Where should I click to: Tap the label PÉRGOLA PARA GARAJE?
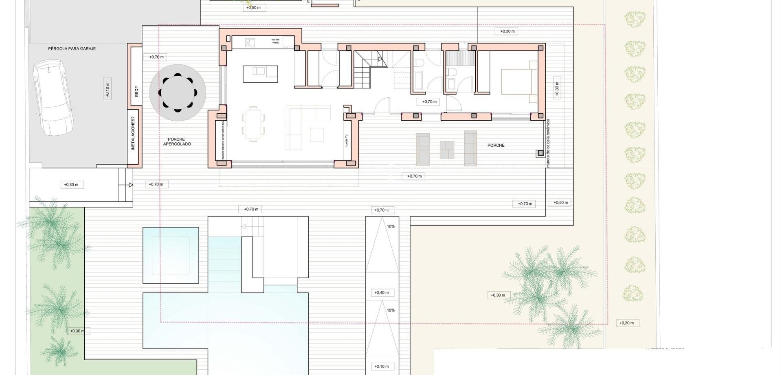click(x=72, y=49)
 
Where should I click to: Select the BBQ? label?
click(x=136, y=91)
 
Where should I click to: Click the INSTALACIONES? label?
click(x=133, y=133)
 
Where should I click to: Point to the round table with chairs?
click(x=178, y=93)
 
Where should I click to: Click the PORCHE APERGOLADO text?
click(x=177, y=141)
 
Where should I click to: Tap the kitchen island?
click(x=260, y=74)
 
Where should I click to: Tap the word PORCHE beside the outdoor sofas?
click(x=496, y=145)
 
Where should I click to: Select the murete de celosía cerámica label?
click(x=548, y=143)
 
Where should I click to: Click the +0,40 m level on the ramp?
click(x=382, y=293)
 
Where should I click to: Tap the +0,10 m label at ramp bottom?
click(x=382, y=366)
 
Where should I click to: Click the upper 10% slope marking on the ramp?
click(x=391, y=226)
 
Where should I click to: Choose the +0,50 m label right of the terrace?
click(x=560, y=203)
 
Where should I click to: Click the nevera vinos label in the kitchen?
click(x=276, y=41)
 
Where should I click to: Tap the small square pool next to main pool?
click(x=171, y=255)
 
